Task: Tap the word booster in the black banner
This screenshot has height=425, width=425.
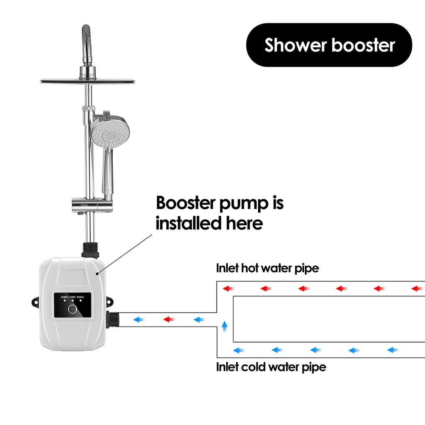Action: tap(363, 45)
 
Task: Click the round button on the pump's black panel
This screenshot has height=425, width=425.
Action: tap(72, 309)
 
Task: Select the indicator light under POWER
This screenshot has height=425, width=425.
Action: tap(73, 301)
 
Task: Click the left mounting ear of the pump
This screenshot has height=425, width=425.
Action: tap(34, 303)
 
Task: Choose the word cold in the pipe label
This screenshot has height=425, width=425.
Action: tap(254, 367)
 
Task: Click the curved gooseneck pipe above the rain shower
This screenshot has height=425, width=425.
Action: tap(86, 39)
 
